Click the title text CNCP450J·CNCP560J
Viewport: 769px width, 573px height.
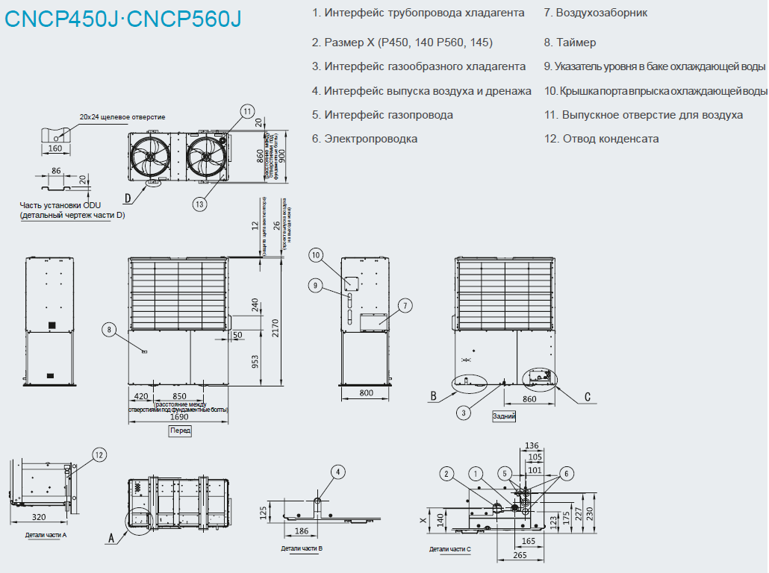pos(123,18)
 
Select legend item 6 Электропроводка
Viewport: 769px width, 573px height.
pos(365,139)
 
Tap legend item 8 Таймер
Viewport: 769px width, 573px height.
pos(570,43)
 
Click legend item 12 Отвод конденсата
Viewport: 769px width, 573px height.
pos(602,139)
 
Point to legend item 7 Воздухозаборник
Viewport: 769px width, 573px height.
pos(596,13)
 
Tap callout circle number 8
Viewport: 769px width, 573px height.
pos(110,329)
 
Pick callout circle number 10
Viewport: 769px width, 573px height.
pos(316,255)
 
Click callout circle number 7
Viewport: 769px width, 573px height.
pos(405,305)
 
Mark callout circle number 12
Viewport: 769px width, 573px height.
pos(99,454)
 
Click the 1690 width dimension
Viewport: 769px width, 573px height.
pos(179,417)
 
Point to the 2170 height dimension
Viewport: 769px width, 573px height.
pos(275,326)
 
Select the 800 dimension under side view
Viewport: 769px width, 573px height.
pos(365,392)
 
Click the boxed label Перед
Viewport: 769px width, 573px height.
pos(180,430)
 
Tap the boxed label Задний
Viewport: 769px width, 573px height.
pos(504,416)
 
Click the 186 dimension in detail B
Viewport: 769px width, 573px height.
pos(302,530)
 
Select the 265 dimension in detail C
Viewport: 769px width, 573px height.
pos(520,555)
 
